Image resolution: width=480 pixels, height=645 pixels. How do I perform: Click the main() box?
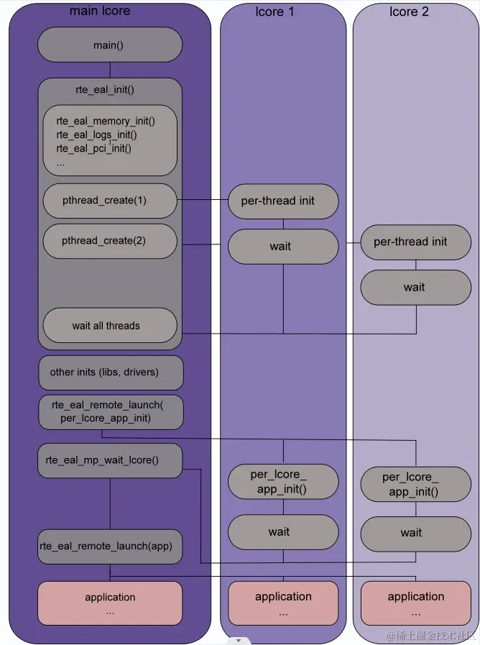109,45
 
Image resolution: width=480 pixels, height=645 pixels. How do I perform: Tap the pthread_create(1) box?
109,201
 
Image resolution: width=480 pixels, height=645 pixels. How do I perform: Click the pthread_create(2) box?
109,241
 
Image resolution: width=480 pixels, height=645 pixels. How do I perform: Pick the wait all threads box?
109,326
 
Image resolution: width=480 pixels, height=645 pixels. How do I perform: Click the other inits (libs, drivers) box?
110,372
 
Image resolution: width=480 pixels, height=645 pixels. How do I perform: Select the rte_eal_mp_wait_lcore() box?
109,460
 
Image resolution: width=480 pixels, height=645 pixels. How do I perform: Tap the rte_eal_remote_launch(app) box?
109,546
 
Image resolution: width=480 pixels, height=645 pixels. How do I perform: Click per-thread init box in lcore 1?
282,201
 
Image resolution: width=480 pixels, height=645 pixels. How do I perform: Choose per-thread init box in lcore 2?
415,242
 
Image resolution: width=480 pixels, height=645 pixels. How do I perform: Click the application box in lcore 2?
415,603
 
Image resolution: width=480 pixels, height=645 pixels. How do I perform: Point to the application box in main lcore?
109,603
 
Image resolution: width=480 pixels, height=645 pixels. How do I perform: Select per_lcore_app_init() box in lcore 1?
282,482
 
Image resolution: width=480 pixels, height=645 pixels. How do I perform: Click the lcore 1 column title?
274,12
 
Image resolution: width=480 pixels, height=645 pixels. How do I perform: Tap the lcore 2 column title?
409,12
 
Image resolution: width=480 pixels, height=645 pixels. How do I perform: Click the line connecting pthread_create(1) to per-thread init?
203,200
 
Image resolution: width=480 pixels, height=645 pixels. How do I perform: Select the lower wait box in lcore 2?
415,533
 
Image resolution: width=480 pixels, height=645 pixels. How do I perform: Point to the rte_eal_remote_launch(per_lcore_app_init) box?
110,412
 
